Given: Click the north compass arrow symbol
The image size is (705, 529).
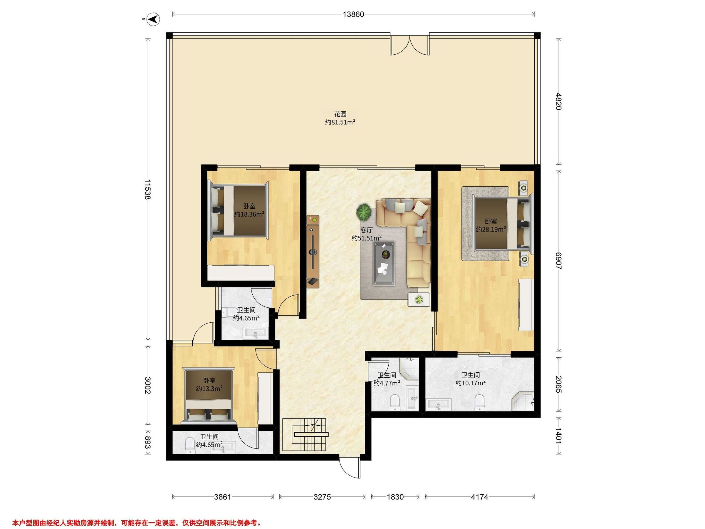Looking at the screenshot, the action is click(155, 19).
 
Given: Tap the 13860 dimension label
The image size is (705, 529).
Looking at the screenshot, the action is click(353, 14).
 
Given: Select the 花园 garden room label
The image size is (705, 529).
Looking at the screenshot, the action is click(340, 114).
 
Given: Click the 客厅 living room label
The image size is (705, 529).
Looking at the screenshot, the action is click(367, 230).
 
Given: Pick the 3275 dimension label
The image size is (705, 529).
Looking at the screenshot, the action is click(322, 496).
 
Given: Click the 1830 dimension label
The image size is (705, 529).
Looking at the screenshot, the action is click(395, 496).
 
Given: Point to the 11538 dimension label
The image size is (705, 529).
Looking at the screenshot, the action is click(147, 189).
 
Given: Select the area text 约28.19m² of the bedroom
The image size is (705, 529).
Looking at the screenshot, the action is click(491, 229).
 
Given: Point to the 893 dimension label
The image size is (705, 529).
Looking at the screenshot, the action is click(147, 443).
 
